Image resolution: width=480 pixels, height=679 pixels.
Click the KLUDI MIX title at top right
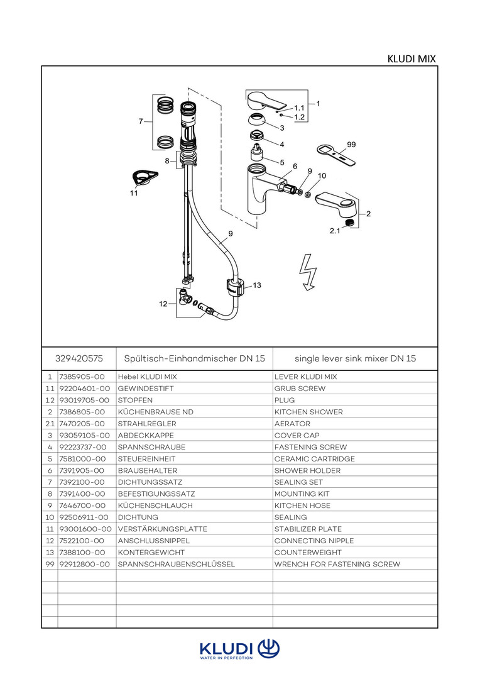click(x=412, y=59)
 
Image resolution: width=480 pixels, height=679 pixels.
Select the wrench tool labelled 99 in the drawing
click(x=334, y=152)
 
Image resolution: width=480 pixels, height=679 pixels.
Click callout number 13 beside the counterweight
click(x=256, y=285)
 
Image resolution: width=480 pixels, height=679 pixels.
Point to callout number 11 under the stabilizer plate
click(x=134, y=194)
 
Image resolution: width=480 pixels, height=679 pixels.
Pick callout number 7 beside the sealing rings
click(x=141, y=121)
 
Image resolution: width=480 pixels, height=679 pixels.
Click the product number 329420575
click(x=79, y=358)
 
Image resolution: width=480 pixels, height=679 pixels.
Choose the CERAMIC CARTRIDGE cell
click(x=314, y=459)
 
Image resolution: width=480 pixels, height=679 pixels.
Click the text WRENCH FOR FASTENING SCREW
click(x=337, y=564)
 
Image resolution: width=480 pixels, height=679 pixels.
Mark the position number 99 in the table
click(x=50, y=564)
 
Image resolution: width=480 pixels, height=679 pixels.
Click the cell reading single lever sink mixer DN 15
click(x=355, y=358)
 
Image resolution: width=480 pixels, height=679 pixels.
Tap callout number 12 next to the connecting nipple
click(x=163, y=304)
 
